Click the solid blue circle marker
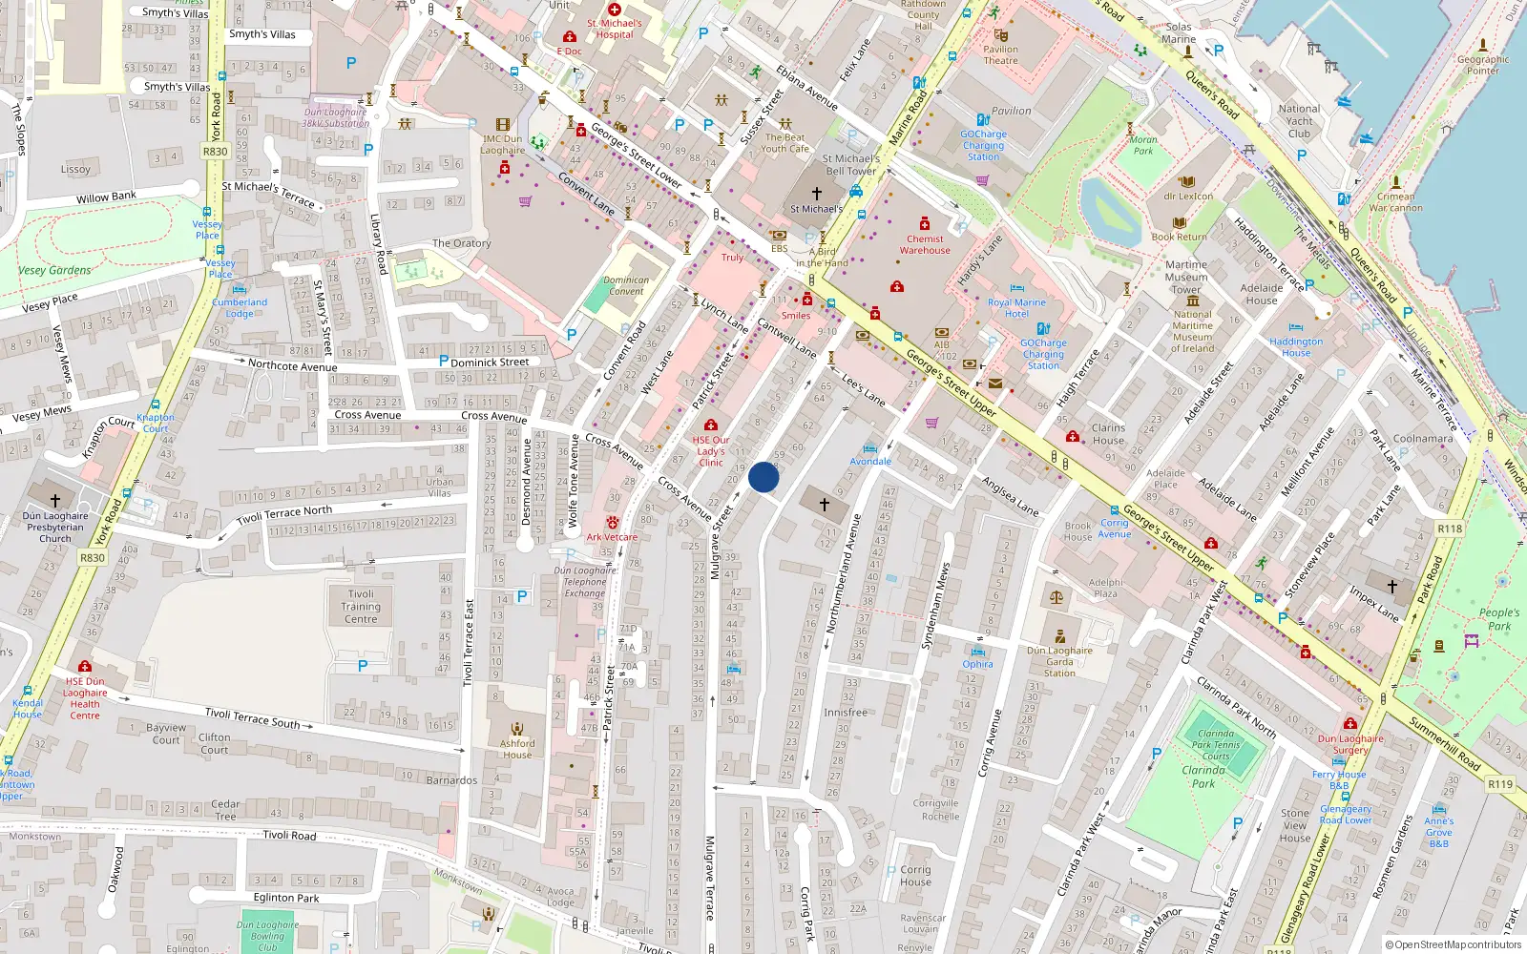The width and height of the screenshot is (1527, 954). [x=763, y=477]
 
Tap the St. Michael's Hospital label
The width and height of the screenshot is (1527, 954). [x=615, y=29]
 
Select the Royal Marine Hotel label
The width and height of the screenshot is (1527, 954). [x=1016, y=307]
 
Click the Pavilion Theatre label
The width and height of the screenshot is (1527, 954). [x=1000, y=54]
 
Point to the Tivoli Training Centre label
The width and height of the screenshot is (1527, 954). [x=361, y=606]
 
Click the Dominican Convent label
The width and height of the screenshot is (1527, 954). [x=626, y=286]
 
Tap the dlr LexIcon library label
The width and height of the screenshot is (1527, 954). [x=1188, y=197]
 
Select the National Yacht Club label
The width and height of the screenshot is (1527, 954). [x=1299, y=121]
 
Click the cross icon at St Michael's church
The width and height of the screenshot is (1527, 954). [x=816, y=194]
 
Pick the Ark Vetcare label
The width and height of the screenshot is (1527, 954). [x=612, y=536]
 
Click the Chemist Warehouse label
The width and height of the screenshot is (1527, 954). [x=924, y=244]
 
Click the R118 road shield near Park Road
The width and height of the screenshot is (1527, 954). [x=1449, y=528]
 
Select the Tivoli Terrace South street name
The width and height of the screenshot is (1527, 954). [x=252, y=718]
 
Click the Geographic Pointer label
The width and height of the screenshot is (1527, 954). [x=1482, y=64]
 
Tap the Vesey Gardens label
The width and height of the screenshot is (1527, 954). [x=54, y=271]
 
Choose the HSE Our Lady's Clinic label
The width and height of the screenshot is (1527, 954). [x=711, y=451]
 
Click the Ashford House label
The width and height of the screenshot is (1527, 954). [x=517, y=749]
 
